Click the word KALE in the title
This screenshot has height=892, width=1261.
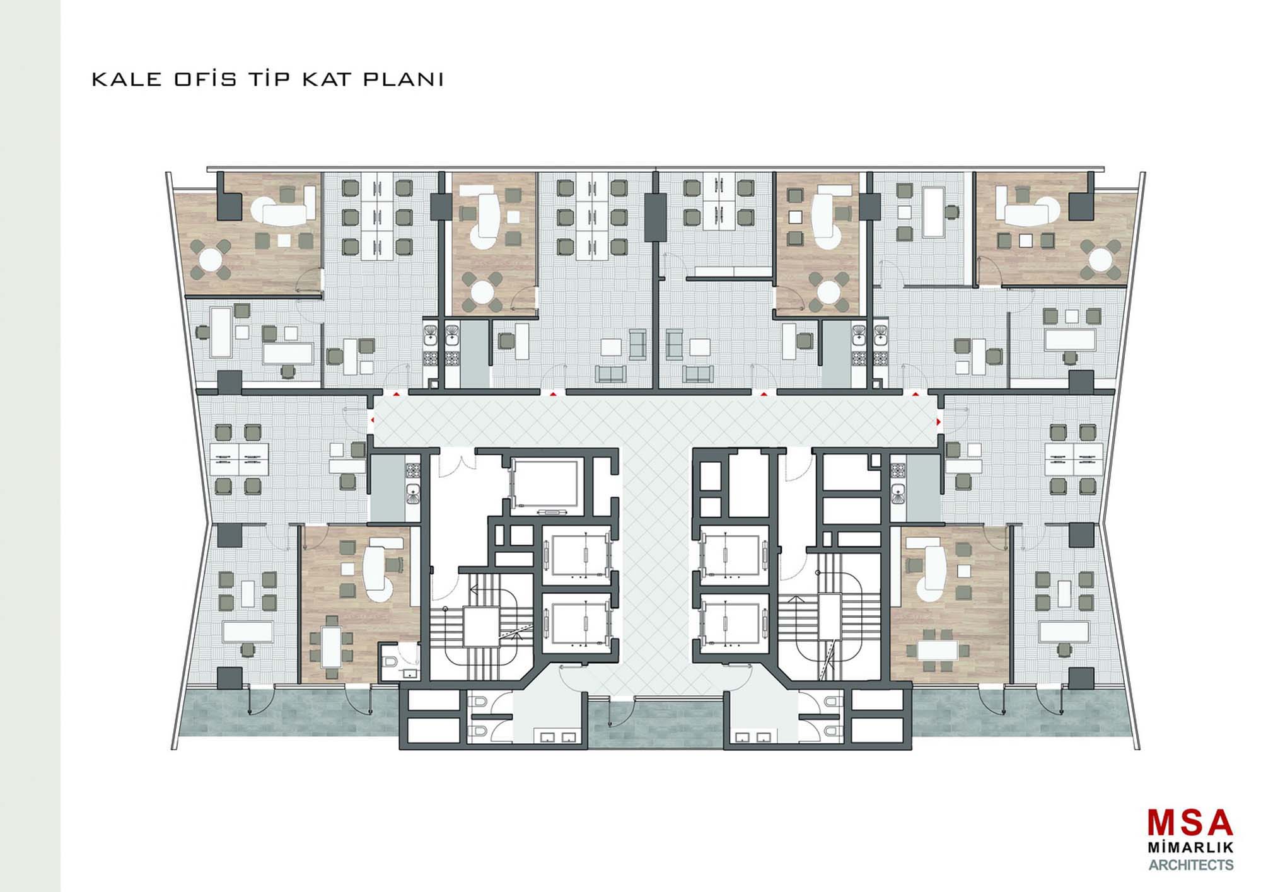click(127, 79)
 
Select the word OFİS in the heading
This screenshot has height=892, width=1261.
click(206, 79)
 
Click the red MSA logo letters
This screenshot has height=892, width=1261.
click(1190, 823)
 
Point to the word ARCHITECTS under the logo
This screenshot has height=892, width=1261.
click(1190, 865)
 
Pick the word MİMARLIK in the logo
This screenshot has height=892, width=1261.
click(1190, 847)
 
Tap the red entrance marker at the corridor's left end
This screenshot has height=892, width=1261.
click(371, 419)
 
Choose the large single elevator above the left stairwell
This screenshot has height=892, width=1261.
click(547, 484)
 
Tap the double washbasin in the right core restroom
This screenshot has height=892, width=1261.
click(753, 736)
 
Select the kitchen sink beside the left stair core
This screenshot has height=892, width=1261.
click(412, 492)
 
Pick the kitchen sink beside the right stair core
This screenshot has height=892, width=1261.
click(898, 492)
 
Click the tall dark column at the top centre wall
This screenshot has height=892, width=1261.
click(655, 217)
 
